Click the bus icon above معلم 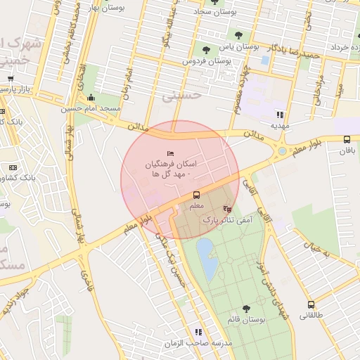(196, 195)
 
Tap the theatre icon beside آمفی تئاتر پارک (227, 209)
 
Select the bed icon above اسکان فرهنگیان (169, 153)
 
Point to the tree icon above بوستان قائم (246, 309)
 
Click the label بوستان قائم (246, 320)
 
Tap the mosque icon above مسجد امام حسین (91, 98)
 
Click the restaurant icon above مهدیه (280, 114)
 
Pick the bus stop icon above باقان (347, 140)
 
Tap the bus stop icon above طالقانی (311, 304)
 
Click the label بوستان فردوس (207, 61)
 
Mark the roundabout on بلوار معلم (282, 150)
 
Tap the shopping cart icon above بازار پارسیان (11, 79)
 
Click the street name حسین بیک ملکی (173, 260)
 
